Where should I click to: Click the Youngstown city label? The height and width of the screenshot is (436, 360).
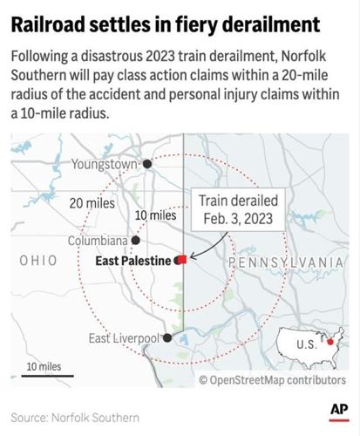[x=105, y=163]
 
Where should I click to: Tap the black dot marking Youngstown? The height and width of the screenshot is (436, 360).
[x=147, y=163]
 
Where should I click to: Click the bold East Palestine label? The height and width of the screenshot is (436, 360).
[x=135, y=260]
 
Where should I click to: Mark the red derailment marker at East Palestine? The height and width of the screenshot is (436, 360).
[x=180, y=260]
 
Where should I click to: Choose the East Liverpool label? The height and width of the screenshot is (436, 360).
[x=124, y=338]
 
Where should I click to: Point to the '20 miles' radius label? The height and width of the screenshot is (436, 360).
[x=93, y=202]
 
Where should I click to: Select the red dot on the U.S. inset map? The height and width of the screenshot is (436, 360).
[x=329, y=343]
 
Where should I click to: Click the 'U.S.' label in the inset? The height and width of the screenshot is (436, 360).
[x=305, y=344]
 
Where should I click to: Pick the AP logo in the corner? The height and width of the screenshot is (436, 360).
[x=339, y=410]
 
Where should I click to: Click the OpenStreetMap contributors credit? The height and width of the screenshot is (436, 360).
[x=271, y=380]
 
